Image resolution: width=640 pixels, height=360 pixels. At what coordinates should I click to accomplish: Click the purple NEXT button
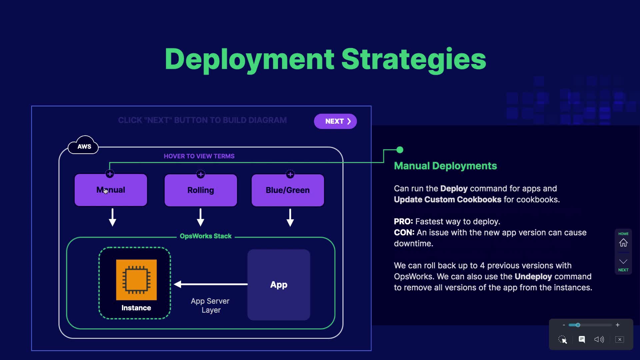pos(335,121)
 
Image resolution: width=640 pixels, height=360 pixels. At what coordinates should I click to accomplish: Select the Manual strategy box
pos(111,190)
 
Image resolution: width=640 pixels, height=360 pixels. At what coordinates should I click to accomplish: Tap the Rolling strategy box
pos(201,190)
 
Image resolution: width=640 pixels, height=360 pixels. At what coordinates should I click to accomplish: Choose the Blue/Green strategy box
pos(288,190)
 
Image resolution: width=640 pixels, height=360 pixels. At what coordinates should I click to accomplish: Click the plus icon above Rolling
pos(201,174)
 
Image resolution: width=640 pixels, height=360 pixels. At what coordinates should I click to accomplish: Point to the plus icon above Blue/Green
pos(290,174)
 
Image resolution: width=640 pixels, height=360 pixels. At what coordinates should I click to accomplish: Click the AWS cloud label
pos(84,146)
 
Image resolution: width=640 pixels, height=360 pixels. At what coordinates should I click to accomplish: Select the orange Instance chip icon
pos(136,280)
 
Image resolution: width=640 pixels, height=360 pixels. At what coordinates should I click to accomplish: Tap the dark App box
pos(279,285)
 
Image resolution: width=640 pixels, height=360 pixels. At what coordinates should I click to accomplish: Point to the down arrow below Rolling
pos(200,218)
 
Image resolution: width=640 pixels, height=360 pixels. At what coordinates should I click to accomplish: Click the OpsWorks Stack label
pos(205,236)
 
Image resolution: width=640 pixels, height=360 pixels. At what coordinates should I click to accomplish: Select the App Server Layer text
pos(210,305)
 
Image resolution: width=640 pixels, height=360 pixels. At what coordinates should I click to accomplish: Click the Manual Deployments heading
pos(445,166)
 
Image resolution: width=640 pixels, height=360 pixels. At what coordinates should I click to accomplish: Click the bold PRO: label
pos(403,222)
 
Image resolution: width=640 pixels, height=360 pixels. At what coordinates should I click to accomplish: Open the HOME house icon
pos(623,243)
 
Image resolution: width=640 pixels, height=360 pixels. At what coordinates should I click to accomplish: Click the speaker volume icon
pos(599,339)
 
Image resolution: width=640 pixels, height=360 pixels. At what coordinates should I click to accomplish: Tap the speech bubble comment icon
pos(582,339)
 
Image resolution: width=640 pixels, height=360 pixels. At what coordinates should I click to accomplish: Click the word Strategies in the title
pos(414,59)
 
